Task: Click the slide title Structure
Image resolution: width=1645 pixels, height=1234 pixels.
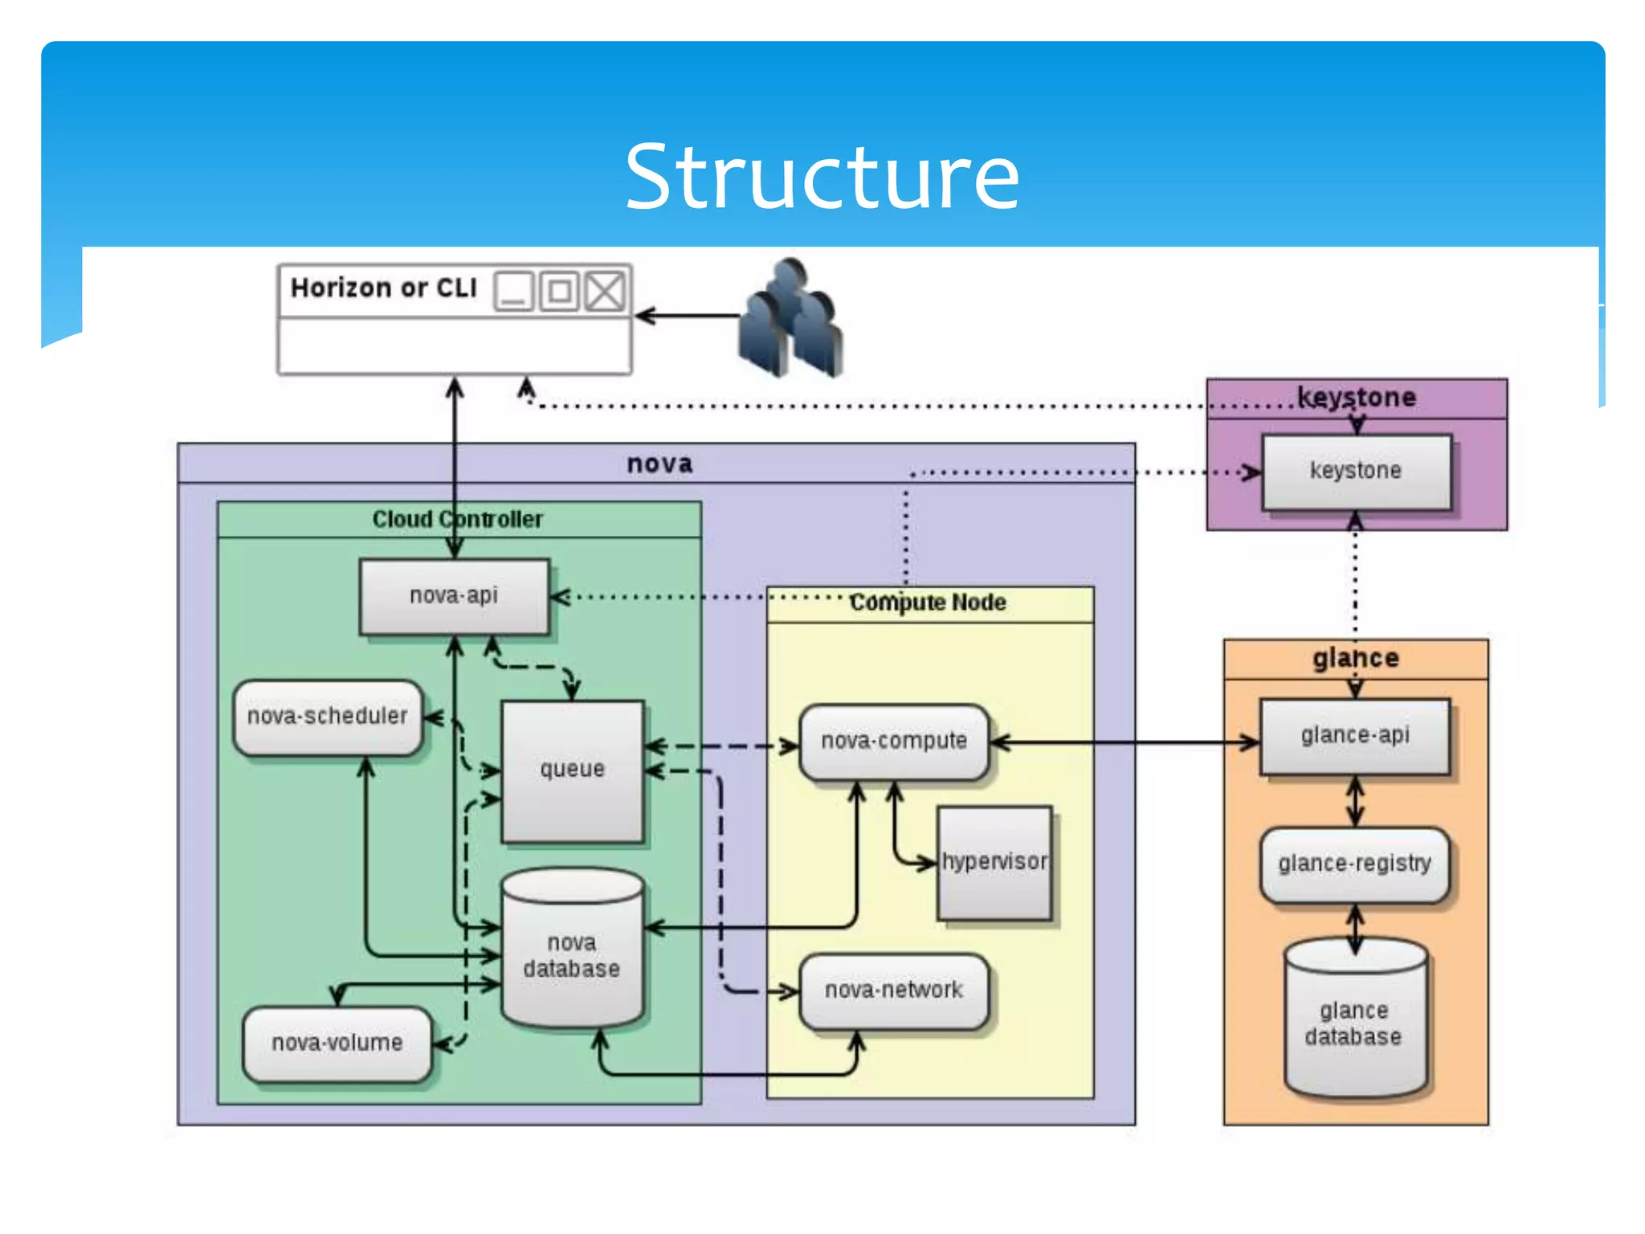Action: click(822, 176)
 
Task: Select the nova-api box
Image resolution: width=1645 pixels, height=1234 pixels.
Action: click(454, 596)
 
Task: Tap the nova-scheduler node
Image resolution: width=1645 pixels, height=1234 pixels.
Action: click(328, 717)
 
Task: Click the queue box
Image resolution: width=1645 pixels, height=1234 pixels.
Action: click(572, 770)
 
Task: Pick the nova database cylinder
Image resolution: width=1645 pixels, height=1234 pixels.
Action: click(572, 952)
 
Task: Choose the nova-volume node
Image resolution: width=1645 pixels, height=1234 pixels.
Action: click(337, 1043)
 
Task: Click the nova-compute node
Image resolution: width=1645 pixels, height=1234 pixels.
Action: click(894, 741)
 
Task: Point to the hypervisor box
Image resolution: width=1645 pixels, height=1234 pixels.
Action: click(994, 862)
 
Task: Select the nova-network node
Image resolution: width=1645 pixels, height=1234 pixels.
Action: click(894, 990)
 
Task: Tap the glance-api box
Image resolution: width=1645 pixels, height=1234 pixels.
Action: click(1355, 736)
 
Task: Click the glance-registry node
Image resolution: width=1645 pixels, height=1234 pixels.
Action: click(1355, 864)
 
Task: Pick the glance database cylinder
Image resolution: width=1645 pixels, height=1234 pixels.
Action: click(1354, 1022)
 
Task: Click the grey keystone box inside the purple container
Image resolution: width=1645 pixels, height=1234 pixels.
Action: click(1356, 471)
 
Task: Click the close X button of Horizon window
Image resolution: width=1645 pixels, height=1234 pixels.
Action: click(605, 291)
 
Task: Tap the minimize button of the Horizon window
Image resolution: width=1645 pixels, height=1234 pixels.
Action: click(513, 291)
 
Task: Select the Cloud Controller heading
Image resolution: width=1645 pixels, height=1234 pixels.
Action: click(458, 519)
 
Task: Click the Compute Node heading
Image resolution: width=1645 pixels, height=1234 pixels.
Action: click(928, 603)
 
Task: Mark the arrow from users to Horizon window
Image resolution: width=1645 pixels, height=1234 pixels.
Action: click(687, 316)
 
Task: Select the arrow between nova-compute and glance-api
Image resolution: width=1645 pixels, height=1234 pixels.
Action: click(1125, 742)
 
